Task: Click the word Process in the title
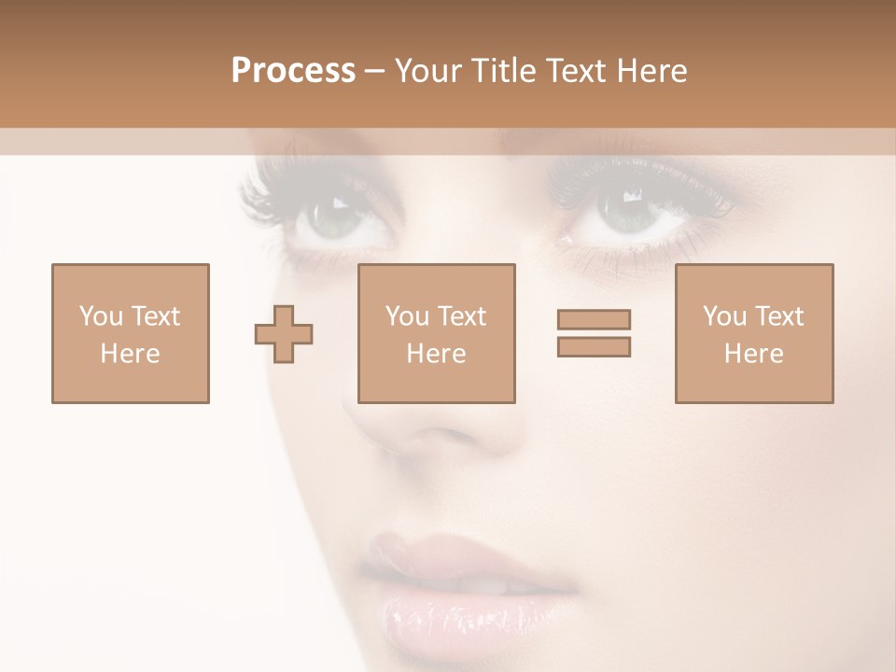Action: (x=293, y=71)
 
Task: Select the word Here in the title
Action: (x=651, y=71)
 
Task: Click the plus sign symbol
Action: (x=284, y=334)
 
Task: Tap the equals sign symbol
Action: (x=594, y=333)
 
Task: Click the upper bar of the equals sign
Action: (x=594, y=320)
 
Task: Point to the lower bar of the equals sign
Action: (x=594, y=346)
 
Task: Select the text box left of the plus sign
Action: (x=131, y=333)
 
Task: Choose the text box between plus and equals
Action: (x=436, y=333)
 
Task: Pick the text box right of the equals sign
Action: (x=753, y=333)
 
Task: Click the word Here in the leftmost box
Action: (x=131, y=354)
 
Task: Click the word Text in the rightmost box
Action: (x=778, y=316)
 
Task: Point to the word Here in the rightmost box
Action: (x=753, y=354)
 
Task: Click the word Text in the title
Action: (x=576, y=71)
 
